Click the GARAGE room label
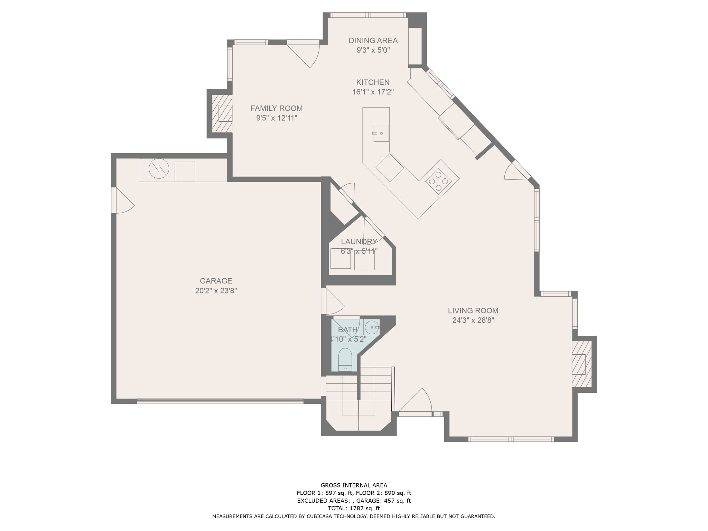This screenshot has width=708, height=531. tap(216, 281)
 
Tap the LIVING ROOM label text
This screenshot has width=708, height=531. tap(473, 310)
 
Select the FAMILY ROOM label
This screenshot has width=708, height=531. tap(277, 108)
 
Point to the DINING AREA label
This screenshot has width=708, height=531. tap(373, 40)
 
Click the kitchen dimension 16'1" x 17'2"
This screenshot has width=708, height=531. tap(373, 92)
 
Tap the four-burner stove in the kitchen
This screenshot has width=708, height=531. tap(438, 181)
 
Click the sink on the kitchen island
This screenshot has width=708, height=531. tap(381, 133)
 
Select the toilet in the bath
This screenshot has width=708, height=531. tap(345, 360)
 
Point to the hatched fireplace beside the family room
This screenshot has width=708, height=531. tap(222, 113)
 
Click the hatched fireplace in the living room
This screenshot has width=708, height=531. tap(581, 364)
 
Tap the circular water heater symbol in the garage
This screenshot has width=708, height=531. tap(159, 169)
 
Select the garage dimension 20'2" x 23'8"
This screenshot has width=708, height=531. tap(216, 291)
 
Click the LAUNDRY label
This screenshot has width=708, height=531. tap(359, 242)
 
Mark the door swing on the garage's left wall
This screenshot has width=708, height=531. tap(123, 201)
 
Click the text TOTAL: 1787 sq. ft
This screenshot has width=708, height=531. tap(354, 509)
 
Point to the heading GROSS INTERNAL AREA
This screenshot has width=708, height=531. tap(354, 485)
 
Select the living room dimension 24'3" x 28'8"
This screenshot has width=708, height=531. tap(473, 320)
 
